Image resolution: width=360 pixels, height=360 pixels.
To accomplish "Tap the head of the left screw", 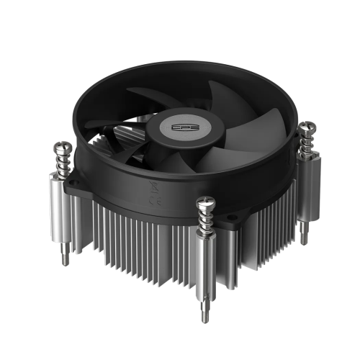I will pos(60,150).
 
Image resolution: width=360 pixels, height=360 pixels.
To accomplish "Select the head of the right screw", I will pos(307,128).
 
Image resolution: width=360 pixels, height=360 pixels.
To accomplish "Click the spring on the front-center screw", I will pos(205,220).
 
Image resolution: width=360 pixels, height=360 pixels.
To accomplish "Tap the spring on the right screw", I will pos(307,144).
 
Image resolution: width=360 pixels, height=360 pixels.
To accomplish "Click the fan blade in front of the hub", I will pos(176,162).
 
